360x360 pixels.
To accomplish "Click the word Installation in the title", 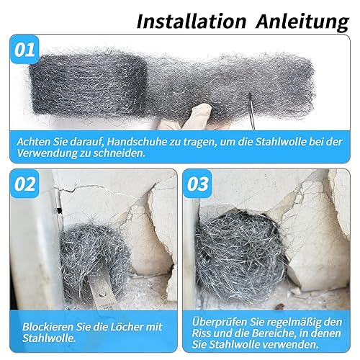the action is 192,22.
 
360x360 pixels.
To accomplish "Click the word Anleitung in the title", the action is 302,23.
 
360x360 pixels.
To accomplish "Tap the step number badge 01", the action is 24,50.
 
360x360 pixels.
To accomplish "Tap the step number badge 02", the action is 24,184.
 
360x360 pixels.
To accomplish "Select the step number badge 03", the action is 197,184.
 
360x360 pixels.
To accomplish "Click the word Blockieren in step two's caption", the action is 48,327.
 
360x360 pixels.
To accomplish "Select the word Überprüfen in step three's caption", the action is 219,322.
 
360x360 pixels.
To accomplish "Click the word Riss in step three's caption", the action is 201,333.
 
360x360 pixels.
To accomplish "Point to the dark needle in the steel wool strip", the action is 251,111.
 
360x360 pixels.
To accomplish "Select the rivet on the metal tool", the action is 103,293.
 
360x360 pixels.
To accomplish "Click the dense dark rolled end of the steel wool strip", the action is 88,84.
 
